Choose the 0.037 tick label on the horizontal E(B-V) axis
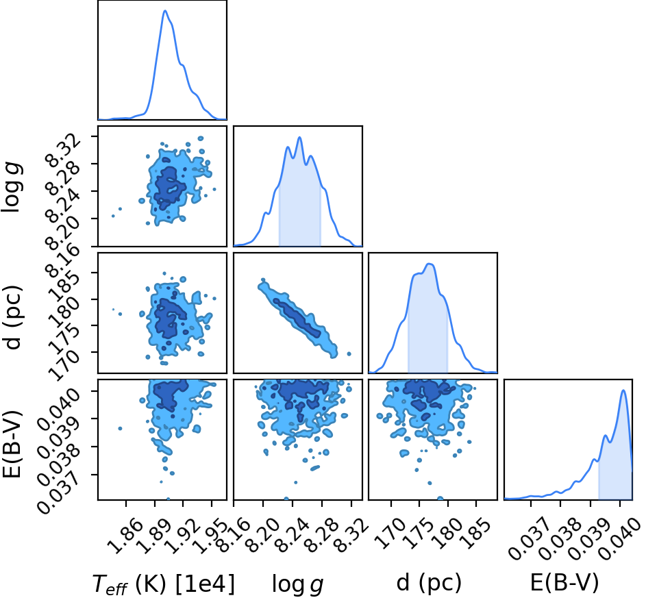[530, 538]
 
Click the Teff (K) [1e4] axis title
[164, 584]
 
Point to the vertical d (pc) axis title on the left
[14, 316]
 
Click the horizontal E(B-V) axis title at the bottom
[564, 583]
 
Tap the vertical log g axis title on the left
[12, 188]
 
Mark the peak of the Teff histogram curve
[165, 10]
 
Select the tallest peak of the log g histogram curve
[299, 137]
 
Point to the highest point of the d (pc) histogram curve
[430, 264]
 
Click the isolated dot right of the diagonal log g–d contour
[349, 353]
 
